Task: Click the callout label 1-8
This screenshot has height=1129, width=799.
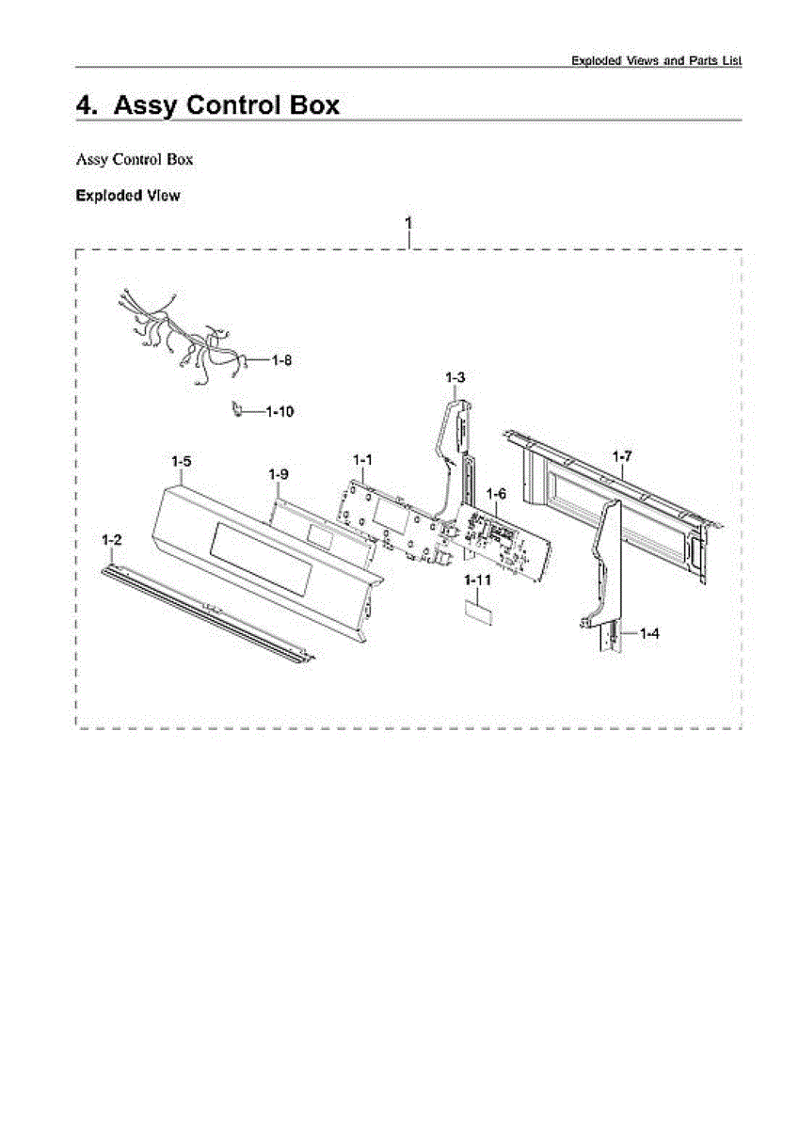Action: [x=281, y=360]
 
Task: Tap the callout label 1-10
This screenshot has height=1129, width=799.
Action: [x=280, y=412]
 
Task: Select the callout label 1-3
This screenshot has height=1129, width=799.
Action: [x=455, y=377]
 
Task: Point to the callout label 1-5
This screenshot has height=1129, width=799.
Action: [x=182, y=461]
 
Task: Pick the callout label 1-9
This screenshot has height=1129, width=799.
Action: [x=279, y=474]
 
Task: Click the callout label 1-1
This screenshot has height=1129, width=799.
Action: [x=362, y=460]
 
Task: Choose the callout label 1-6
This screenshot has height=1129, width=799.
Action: [x=496, y=493]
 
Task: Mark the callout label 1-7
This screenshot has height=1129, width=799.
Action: [x=622, y=456]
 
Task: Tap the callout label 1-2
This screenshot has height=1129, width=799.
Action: [x=111, y=540]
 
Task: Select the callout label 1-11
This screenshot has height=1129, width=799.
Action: [x=477, y=580]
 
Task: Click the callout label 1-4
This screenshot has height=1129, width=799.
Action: [x=649, y=633]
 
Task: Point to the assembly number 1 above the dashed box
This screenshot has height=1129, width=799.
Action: [x=408, y=223]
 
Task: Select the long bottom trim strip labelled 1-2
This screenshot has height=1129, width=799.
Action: [x=208, y=612]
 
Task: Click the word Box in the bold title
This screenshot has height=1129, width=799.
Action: [x=314, y=105]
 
